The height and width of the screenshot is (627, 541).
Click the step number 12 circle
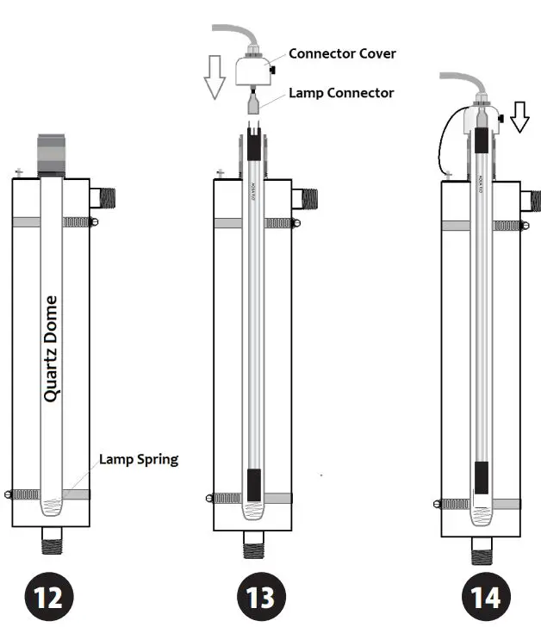point(49,596)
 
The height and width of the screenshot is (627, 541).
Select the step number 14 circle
point(488,596)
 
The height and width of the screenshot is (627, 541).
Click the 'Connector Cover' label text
point(342,53)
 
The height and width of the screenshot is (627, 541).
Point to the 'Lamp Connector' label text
point(341,93)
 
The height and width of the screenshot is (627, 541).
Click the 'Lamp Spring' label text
point(138,459)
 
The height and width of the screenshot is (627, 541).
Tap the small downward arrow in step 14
point(519,117)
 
